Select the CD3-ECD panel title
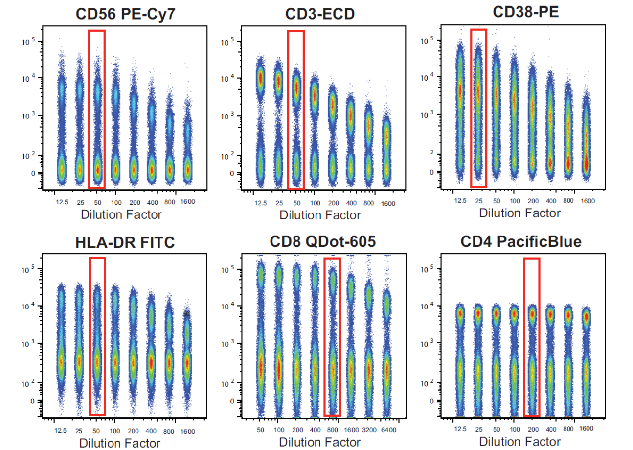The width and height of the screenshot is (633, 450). pyautogui.click(x=320, y=14)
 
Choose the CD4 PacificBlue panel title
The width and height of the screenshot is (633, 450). pyautogui.click(x=520, y=241)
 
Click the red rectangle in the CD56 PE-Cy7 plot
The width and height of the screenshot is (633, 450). pyautogui.click(x=97, y=109)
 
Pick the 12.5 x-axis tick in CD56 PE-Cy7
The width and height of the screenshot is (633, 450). pyautogui.click(x=62, y=202)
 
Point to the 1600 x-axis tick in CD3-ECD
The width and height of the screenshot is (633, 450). pyautogui.click(x=387, y=203)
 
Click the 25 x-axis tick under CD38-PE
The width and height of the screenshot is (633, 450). pyautogui.click(x=479, y=201)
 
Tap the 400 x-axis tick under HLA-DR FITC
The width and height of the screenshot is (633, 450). pyautogui.click(x=151, y=431)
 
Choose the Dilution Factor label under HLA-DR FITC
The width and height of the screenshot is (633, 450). pyautogui.click(x=120, y=443)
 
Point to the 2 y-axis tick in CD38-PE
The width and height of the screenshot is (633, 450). pyautogui.click(x=431, y=153)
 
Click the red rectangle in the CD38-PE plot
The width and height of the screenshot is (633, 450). pyautogui.click(x=478, y=108)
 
